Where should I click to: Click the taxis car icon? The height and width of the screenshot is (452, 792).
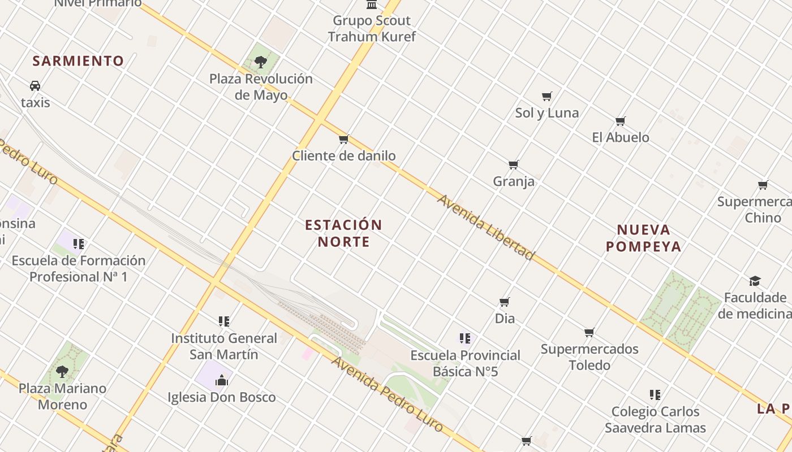[x=35, y=86]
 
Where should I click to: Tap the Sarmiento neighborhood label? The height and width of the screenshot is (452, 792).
[x=78, y=61]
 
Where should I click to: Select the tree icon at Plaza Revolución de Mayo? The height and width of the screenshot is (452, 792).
[x=261, y=62]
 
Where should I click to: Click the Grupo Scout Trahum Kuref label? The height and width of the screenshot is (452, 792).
[x=372, y=29]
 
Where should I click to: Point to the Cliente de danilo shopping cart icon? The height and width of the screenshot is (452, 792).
[x=343, y=139]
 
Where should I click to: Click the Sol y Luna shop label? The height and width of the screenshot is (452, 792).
[x=546, y=113]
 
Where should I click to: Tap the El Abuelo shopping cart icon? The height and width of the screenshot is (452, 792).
[x=621, y=121]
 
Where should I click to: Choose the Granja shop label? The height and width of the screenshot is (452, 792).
[x=514, y=181]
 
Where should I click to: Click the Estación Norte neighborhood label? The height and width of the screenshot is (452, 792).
[x=343, y=233]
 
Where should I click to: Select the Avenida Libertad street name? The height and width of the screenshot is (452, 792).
[x=485, y=228]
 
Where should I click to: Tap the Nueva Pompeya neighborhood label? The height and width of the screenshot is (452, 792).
[x=643, y=238]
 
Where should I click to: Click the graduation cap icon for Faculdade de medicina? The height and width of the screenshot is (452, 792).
[x=755, y=281]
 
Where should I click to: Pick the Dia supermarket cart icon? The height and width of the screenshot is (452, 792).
[x=505, y=302]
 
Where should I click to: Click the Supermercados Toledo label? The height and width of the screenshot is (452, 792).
[x=589, y=357]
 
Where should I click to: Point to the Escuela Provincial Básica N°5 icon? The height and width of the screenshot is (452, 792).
[x=465, y=338]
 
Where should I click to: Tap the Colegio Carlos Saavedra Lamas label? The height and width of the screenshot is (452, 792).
[x=655, y=420]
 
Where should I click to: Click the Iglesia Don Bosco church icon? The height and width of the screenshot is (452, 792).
[x=221, y=380]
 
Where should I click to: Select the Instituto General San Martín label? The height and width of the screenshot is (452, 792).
[x=224, y=346]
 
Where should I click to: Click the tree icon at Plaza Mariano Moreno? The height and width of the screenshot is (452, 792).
[x=62, y=371]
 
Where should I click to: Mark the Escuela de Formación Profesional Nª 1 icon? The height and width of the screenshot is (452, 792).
[x=78, y=244]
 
